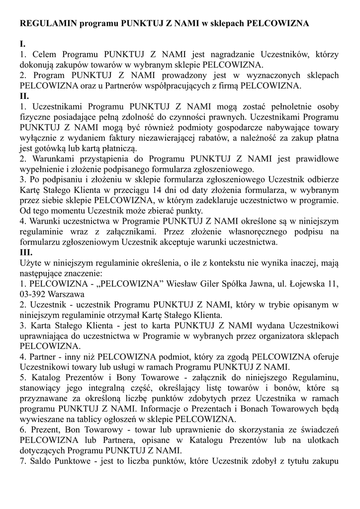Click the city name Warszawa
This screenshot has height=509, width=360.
(72, 294)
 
